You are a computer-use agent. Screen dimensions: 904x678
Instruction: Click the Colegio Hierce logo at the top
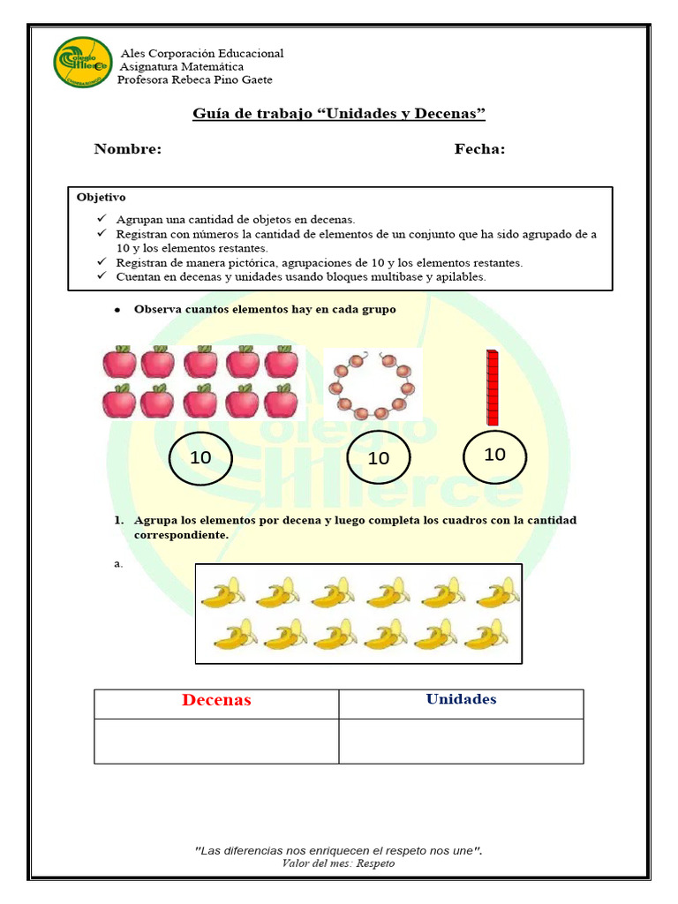[x=82, y=62]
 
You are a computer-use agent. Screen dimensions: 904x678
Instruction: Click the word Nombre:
[x=128, y=149]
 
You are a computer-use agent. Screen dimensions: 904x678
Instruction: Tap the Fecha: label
[x=479, y=149]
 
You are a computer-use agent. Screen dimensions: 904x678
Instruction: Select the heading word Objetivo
[x=101, y=197]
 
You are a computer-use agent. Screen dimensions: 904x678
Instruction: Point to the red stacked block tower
[x=492, y=387]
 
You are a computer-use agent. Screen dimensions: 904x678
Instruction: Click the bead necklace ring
[x=372, y=385]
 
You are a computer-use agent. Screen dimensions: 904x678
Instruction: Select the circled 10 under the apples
[x=200, y=457]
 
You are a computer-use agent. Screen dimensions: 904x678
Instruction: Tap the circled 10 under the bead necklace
[x=378, y=457]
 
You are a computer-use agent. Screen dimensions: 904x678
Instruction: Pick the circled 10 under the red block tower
[x=494, y=454]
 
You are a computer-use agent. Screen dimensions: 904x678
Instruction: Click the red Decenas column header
[x=216, y=700]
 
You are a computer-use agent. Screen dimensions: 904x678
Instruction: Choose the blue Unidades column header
[x=461, y=699]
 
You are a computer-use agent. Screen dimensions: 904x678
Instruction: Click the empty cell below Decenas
[x=216, y=740]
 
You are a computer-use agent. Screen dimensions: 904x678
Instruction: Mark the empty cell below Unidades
[x=461, y=740]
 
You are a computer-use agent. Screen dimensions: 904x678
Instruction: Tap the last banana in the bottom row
[x=485, y=634]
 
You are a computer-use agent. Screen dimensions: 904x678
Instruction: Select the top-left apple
[x=119, y=362]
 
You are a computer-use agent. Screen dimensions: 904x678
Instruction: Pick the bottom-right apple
[x=281, y=401]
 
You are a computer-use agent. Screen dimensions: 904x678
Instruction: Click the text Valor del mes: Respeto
[x=339, y=863]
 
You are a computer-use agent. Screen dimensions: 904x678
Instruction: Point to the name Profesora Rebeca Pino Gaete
[x=195, y=79]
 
